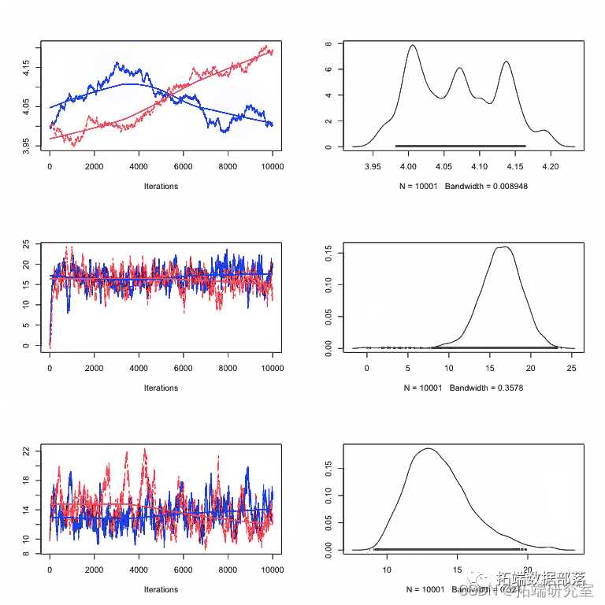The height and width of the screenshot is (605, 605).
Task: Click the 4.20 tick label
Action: click(x=551, y=167)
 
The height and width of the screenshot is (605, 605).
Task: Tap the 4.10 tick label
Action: click(x=479, y=167)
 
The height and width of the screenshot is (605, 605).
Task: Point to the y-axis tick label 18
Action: click(x=27, y=481)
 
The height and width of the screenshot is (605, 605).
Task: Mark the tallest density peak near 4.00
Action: click(x=413, y=46)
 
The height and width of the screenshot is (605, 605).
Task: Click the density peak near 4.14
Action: click(x=506, y=61)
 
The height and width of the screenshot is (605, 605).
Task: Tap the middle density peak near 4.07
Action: click(x=459, y=69)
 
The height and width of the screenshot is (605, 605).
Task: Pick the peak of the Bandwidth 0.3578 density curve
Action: click(x=503, y=247)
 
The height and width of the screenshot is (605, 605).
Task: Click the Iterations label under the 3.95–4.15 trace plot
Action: click(x=161, y=187)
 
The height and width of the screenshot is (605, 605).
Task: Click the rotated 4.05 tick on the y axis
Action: click(x=27, y=104)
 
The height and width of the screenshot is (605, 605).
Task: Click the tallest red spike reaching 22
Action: click(x=144, y=450)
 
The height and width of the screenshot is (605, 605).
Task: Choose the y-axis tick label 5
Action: click(x=27, y=325)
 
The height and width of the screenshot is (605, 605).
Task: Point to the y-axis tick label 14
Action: click(x=27, y=510)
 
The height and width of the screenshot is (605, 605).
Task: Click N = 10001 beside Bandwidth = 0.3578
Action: click(x=425, y=388)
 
